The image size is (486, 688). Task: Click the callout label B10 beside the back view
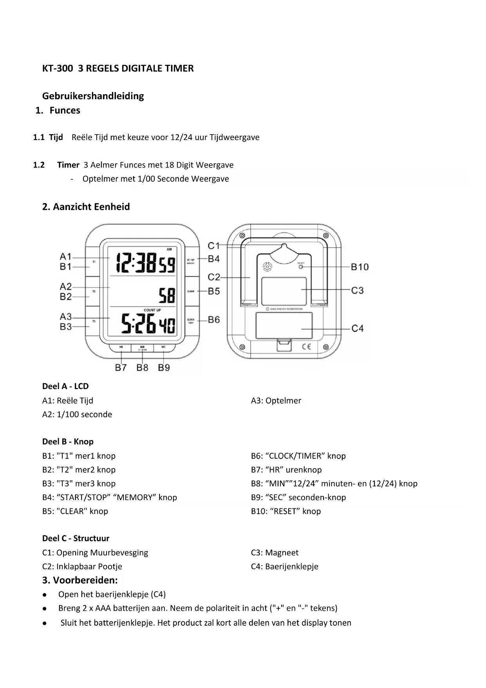[360, 267]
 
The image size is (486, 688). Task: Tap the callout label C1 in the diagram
[214, 246]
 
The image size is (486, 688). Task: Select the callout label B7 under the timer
[121, 368]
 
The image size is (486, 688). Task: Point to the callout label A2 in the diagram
[66, 286]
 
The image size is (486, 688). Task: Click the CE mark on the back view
[306, 346]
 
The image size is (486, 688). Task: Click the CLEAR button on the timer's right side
[191, 291]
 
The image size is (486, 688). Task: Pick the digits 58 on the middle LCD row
[167, 296]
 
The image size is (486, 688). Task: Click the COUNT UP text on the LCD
[152, 310]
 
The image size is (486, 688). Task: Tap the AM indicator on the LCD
[169, 249]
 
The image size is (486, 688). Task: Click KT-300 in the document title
[58, 69]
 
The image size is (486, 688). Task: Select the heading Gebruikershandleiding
[93, 96]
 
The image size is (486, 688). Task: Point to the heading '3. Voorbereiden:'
[80, 580]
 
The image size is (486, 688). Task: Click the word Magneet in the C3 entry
[282, 553]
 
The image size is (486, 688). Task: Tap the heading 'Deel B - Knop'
[68, 442]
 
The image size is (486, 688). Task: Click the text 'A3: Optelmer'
[276, 401]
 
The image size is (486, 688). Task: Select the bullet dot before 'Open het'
[45, 595]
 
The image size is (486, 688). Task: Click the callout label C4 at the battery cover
[357, 328]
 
